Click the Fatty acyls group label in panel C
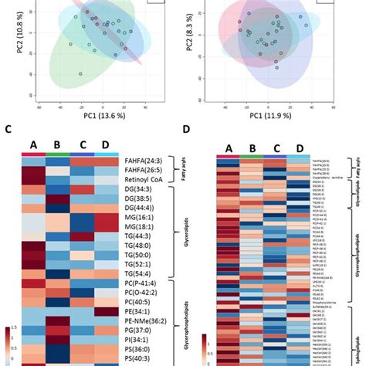tap(184, 174)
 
